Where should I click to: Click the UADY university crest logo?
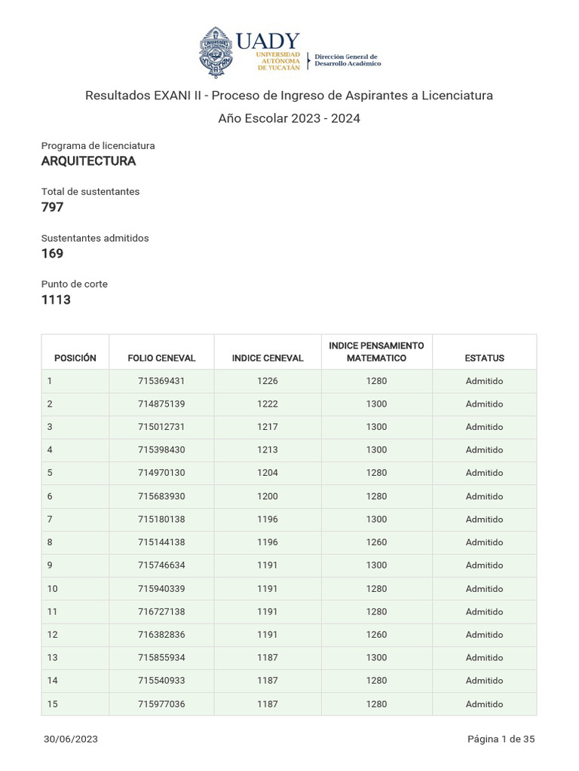coord(215,53)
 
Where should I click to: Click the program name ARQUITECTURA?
coord(88,161)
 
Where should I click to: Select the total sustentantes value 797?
coord(52,207)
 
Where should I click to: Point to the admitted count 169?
coord(52,254)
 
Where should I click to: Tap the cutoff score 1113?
coord(56,300)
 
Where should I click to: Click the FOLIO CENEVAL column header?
coord(161,358)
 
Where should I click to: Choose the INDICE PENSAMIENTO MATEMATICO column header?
coord(376,352)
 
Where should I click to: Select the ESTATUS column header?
coord(484,358)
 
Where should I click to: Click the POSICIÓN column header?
coord(75,358)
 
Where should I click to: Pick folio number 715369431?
coord(161,381)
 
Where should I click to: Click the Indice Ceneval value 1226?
coord(267,381)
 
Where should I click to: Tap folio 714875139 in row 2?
coord(161,404)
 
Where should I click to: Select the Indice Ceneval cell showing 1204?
coord(267,473)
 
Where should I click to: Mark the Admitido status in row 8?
coord(484,542)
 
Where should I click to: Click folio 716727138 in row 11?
coord(161,611)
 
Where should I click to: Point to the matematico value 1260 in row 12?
coord(376,635)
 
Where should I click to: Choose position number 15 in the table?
coord(52,704)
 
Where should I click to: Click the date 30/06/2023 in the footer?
coord(71,739)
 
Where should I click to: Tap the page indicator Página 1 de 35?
coord(501,739)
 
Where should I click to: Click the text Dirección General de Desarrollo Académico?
coord(347,60)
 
